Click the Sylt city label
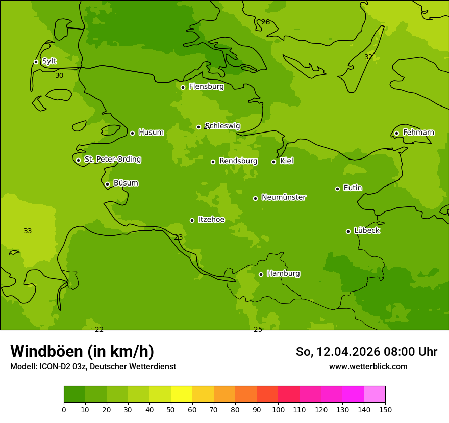pos(49,61)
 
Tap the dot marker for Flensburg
pos(183,87)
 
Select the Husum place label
pos(151,133)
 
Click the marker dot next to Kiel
pos(273,162)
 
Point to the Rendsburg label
pos(238,161)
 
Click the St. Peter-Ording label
pos(113,160)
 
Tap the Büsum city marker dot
pos(107,184)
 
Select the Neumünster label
pos(284,197)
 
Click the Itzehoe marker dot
pos(192,220)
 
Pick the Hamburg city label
pos(283,274)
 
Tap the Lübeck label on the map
pos(367,231)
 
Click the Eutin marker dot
pos(337,189)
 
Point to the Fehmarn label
pos(418,133)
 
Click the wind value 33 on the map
pos(28,231)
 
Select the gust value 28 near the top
pos(265,22)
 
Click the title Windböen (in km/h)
pos(82,351)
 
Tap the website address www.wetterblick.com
pos(368,366)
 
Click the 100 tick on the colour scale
pos(278,409)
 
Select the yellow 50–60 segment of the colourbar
pos(182,394)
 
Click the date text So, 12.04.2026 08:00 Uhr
pos(366,352)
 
